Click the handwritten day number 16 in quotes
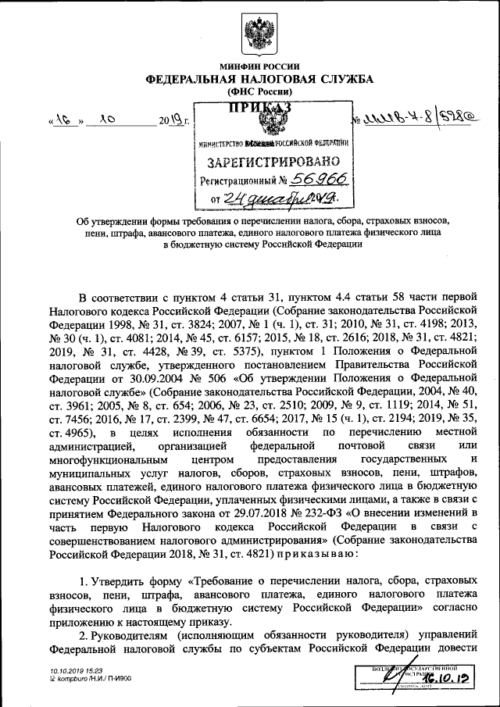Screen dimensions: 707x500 (x=66, y=120)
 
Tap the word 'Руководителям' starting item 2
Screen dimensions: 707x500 (x=134, y=636)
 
